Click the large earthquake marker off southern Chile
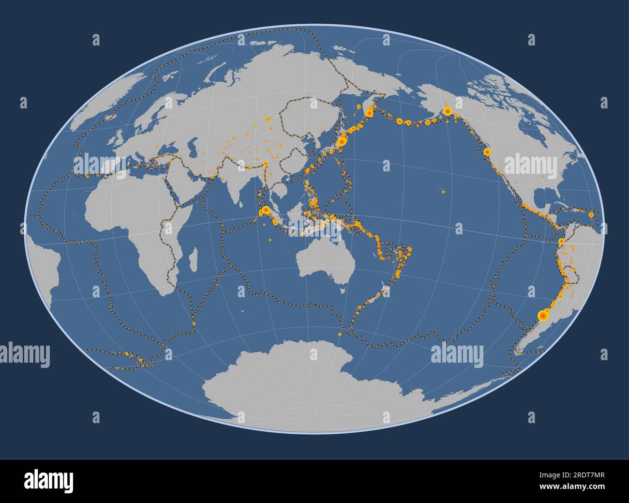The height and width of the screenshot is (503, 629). click(x=543, y=316)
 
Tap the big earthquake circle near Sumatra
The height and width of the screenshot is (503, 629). click(x=266, y=210)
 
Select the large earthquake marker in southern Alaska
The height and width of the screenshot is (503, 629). click(x=448, y=112)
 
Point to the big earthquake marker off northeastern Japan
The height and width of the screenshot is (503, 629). click(x=342, y=141)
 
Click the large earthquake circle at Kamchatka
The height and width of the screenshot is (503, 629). click(x=369, y=113)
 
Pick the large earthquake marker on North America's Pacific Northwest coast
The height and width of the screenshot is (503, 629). click(x=487, y=152)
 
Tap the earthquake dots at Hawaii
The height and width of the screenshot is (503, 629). click(x=443, y=192)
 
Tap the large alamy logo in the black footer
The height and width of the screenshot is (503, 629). click(x=48, y=481)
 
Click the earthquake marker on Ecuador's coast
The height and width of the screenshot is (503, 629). click(x=561, y=241)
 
